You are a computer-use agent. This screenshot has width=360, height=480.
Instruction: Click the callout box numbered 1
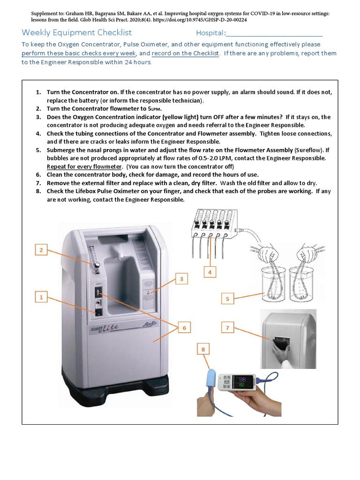tap(41, 297)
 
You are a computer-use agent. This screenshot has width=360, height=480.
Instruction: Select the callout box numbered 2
tap(41, 250)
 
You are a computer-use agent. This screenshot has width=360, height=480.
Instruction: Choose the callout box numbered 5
tap(227, 299)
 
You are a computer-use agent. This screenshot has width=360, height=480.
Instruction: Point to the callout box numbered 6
tap(184, 328)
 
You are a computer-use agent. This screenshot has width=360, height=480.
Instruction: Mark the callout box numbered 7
tap(227, 328)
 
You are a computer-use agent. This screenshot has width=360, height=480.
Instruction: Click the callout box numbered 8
tap(203, 349)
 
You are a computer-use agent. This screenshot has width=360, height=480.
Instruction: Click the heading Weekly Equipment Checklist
tap(77, 33)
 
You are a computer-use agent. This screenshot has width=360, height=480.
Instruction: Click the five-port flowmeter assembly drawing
tap(210, 225)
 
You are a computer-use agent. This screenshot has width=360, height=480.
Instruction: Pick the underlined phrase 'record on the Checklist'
tap(185, 53)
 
